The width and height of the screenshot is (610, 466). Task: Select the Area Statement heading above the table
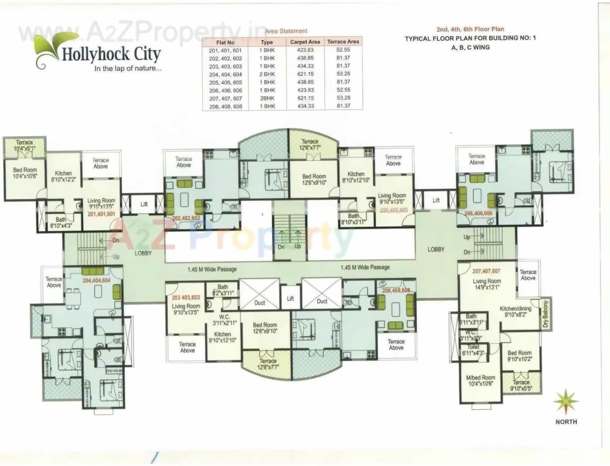(x=286, y=31)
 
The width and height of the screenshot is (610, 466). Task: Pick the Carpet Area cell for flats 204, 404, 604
(x=305, y=74)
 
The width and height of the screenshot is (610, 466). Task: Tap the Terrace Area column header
(x=343, y=42)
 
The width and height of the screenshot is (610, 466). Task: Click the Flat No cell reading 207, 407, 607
(x=225, y=98)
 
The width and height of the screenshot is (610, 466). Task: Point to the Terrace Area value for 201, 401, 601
(x=343, y=50)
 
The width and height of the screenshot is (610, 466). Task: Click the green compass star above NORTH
(x=566, y=402)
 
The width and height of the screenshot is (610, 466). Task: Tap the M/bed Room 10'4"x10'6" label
(x=480, y=381)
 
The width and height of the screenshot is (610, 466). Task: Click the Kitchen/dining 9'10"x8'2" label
(x=516, y=312)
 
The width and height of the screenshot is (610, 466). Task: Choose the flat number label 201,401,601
(x=101, y=214)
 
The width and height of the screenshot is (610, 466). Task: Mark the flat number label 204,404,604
(x=96, y=280)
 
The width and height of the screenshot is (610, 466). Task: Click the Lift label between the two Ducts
(x=291, y=299)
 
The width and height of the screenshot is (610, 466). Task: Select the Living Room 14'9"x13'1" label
(x=487, y=284)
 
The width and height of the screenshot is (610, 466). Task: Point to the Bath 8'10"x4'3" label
(x=61, y=223)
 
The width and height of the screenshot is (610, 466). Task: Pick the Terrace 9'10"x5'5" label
(x=521, y=386)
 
